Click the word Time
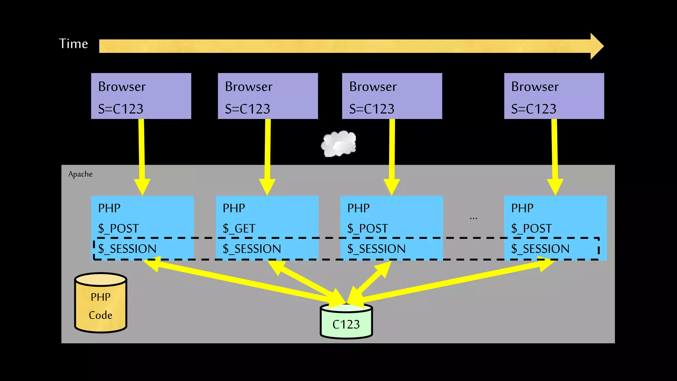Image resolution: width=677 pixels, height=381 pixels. coord(73,44)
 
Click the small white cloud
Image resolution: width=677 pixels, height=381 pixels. coord(338,144)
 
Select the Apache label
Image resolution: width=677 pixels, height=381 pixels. coord(80,174)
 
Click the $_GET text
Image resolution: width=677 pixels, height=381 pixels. coord(239,228)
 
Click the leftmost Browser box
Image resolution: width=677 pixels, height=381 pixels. coord(141,96)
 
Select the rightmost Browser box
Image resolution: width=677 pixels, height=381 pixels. coord(554,96)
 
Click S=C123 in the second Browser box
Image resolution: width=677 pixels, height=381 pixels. coord(248,109)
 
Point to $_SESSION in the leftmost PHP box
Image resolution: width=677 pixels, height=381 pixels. coord(127,249)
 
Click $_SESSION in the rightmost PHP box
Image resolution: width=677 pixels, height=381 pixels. coord(540,249)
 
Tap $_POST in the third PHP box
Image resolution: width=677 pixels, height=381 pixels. coord(368,228)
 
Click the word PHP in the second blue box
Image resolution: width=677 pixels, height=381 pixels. coord(234,208)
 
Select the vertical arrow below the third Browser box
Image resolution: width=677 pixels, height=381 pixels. coord(392,155)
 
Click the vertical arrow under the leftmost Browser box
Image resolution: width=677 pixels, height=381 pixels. coord(142,155)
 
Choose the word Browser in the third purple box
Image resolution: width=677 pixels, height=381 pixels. coord(373,87)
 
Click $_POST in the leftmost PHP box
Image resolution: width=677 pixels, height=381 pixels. coord(118,228)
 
